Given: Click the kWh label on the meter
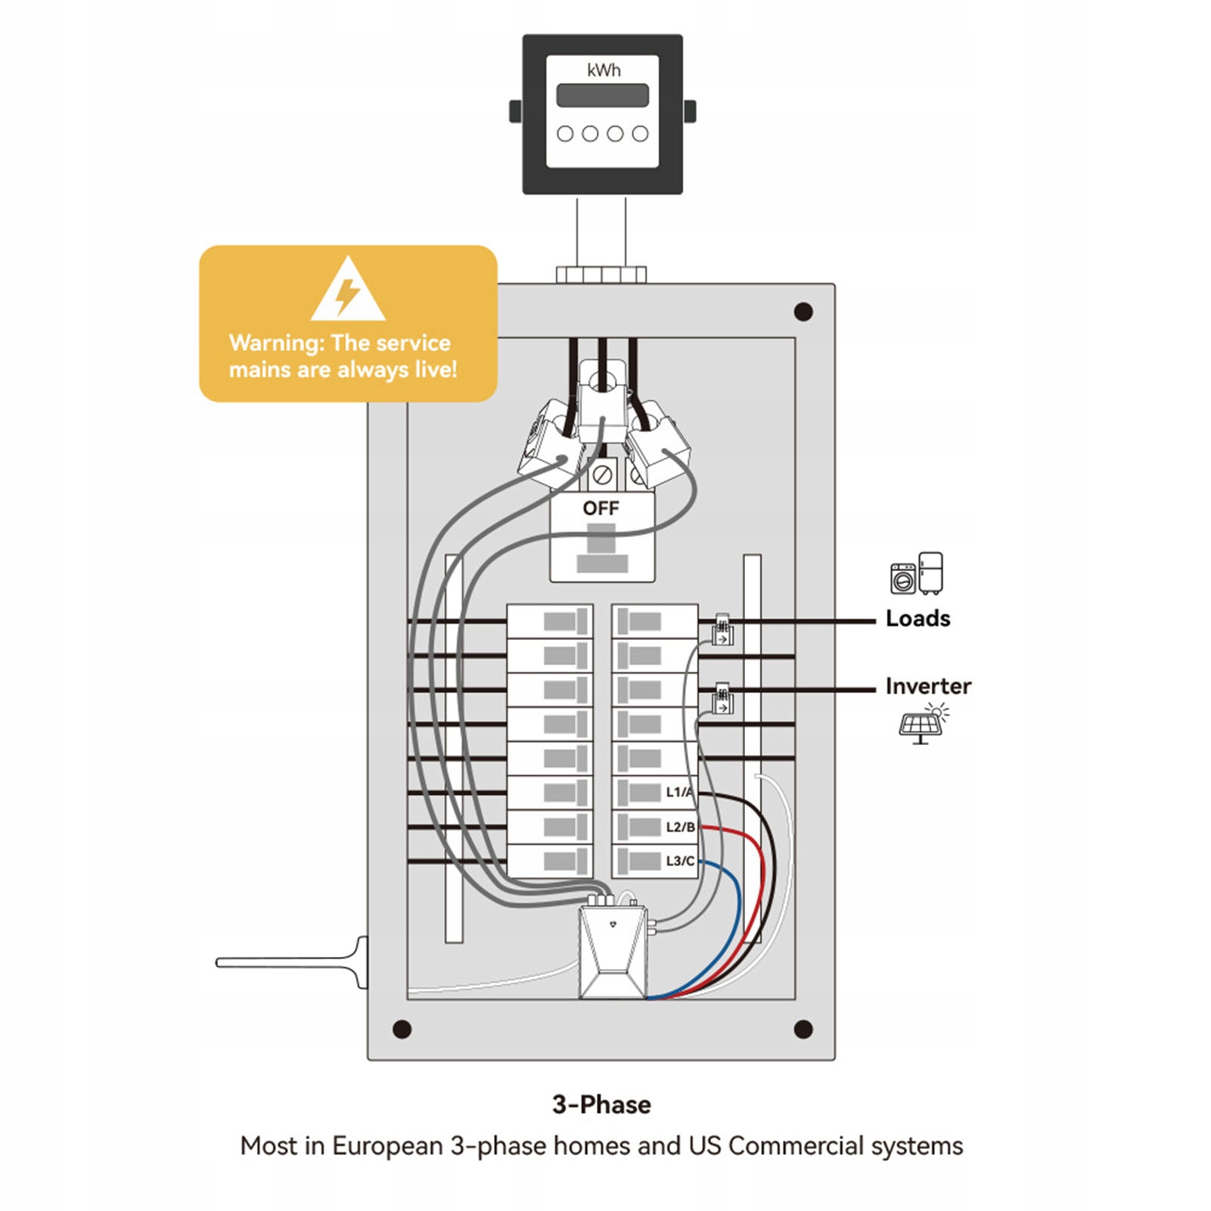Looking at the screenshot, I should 603,70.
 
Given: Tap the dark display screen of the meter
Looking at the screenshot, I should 602,95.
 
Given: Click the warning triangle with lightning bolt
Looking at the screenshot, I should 348,290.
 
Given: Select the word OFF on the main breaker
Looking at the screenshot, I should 601,508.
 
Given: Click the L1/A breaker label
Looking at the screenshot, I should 679,792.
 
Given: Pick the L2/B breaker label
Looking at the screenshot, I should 680,827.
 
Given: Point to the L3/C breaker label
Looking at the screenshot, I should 680,861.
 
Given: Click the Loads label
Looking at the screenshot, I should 918,619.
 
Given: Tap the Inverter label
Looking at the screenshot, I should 928,686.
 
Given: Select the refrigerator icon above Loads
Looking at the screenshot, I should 931,573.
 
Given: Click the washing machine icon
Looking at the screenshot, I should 903,579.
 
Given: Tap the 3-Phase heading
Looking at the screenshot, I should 601,1104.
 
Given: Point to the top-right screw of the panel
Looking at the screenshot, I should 803,312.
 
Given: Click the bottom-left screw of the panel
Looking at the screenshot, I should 402,1029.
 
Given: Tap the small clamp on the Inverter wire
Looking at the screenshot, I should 722,699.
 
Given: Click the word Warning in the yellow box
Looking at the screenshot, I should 275,343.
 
